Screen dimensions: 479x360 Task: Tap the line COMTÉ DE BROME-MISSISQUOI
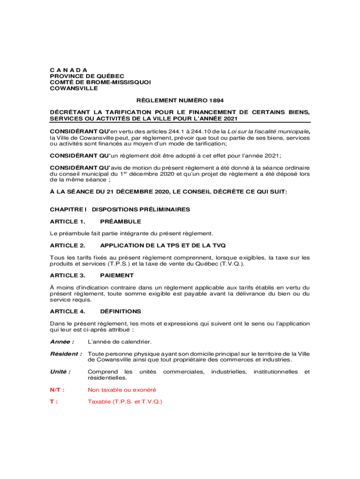coord(100,82)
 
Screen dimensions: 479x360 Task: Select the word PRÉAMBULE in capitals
coord(121,221)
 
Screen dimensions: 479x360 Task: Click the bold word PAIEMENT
coord(117,276)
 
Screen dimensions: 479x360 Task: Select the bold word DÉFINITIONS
coord(121,311)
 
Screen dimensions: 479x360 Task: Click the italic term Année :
coord(62,342)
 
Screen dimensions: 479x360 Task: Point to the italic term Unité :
coord(60,371)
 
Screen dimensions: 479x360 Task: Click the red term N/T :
coord(57,390)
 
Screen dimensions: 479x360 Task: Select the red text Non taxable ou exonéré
coord(122,390)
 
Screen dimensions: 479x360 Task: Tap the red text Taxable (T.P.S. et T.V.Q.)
coord(125,401)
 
